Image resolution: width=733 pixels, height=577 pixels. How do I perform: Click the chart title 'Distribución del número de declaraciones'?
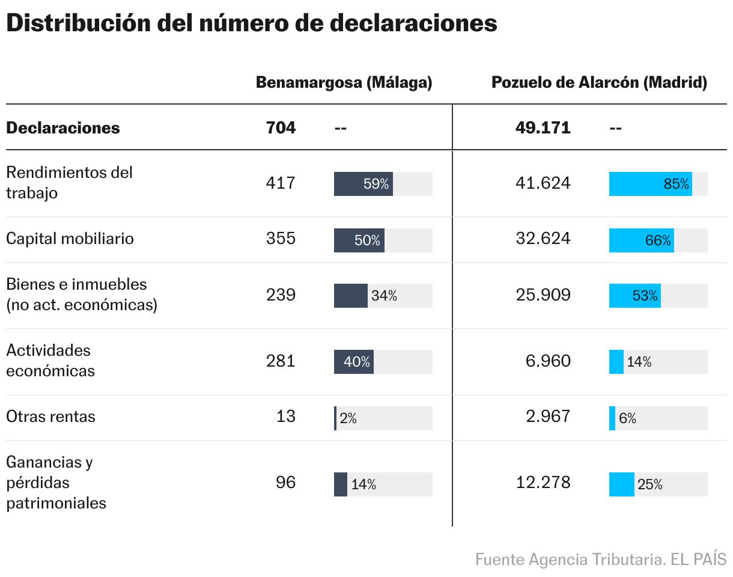[x=251, y=23]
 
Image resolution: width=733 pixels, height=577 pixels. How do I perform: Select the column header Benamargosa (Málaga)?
[x=344, y=83]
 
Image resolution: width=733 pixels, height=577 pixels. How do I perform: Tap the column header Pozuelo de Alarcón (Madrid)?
[x=599, y=83]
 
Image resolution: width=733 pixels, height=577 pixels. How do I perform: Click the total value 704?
[x=281, y=128]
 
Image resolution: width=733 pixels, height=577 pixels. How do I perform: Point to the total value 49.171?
[x=543, y=128]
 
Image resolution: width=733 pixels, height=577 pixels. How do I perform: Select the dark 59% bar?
[x=363, y=184]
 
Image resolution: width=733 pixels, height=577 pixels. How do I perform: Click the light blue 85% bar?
[x=650, y=184]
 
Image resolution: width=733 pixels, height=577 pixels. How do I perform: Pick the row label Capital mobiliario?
[x=70, y=239]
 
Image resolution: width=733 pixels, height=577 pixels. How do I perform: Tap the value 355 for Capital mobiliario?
[x=281, y=239]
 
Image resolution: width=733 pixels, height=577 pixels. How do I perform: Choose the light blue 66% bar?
[x=641, y=240]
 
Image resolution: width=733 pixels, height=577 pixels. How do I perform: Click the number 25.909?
[x=543, y=295]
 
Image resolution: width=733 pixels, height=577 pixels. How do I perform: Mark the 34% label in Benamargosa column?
[x=384, y=296]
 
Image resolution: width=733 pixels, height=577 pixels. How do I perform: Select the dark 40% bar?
[x=353, y=362]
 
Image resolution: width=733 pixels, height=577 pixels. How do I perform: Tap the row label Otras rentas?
[x=50, y=417]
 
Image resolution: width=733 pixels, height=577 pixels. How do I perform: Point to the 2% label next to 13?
[x=348, y=419]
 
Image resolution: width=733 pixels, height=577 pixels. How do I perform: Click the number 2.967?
[x=547, y=417]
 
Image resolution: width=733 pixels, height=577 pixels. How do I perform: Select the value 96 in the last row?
[x=285, y=483]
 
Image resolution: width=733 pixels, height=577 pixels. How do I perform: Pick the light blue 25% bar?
[x=621, y=484]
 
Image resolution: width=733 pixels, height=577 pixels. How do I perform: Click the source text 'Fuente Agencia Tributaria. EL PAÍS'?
[x=600, y=560]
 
